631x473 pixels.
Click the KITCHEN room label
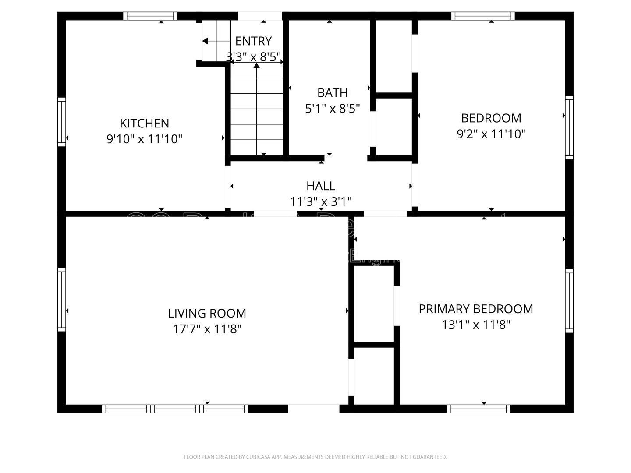pyautogui.click(x=144, y=123)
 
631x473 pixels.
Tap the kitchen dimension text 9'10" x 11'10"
pyautogui.click(x=144, y=139)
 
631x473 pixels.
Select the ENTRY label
pyautogui.click(x=253, y=41)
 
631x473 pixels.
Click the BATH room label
pyautogui.click(x=333, y=93)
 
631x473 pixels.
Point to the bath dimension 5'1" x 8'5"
pyautogui.click(x=333, y=109)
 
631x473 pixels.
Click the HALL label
pyautogui.click(x=321, y=186)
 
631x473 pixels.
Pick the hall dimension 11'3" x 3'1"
pyautogui.click(x=321, y=201)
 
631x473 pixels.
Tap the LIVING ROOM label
pyautogui.click(x=207, y=314)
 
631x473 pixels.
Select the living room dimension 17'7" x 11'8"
pyautogui.click(x=207, y=329)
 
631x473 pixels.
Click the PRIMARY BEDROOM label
pyautogui.click(x=476, y=309)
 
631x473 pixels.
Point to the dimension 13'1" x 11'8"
pyautogui.click(x=476, y=325)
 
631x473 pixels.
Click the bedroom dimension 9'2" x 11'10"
pyautogui.click(x=491, y=134)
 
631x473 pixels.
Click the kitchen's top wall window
pyautogui.click(x=150, y=16)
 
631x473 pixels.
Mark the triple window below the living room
pyautogui.click(x=175, y=409)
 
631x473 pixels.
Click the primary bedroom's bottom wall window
pyautogui.click(x=479, y=409)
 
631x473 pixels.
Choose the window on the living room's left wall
pyautogui.click(x=62, y=299)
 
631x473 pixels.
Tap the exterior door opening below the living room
pyautogui.click(x=313, y=409)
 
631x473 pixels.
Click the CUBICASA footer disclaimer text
pyautogui.click(x=315, y=457)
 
